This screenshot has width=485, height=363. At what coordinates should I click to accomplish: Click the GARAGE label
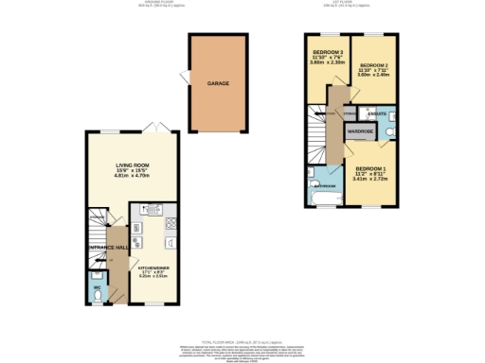pos(218,83)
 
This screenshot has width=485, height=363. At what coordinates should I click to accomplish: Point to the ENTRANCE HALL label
pos(106,247)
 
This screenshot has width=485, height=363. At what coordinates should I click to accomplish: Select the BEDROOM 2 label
pos(374,64)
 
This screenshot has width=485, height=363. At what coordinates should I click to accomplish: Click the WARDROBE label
pos(360,131)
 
